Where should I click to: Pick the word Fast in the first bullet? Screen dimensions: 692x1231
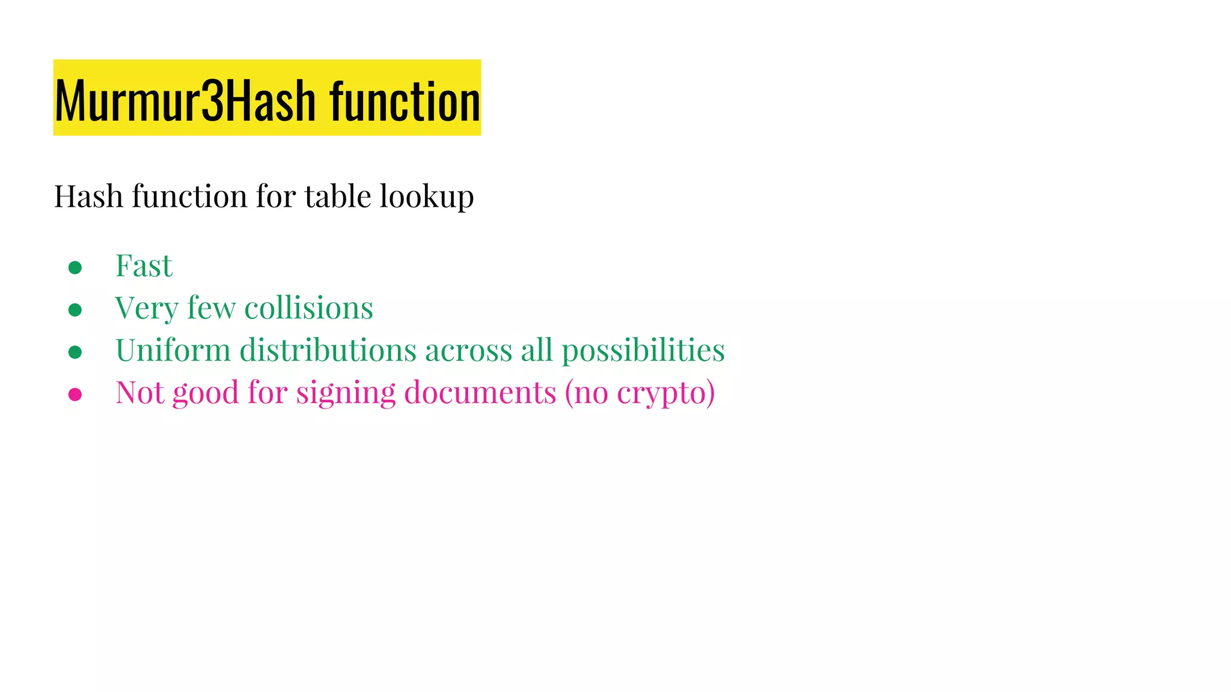[144, 266]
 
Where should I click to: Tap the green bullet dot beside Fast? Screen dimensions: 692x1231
[75, 268]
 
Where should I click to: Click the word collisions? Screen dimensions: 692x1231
[308, 308]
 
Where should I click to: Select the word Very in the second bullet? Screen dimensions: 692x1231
[147, 309]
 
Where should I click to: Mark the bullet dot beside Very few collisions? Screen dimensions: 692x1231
[75, 310]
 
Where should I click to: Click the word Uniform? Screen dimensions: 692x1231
[173, 350]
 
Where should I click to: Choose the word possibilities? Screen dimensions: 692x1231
[643, 351]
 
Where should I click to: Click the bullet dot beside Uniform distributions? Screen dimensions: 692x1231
[75, 352]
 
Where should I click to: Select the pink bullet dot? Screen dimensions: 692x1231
[75, 394]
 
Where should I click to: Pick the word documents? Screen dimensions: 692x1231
[480, 392]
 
